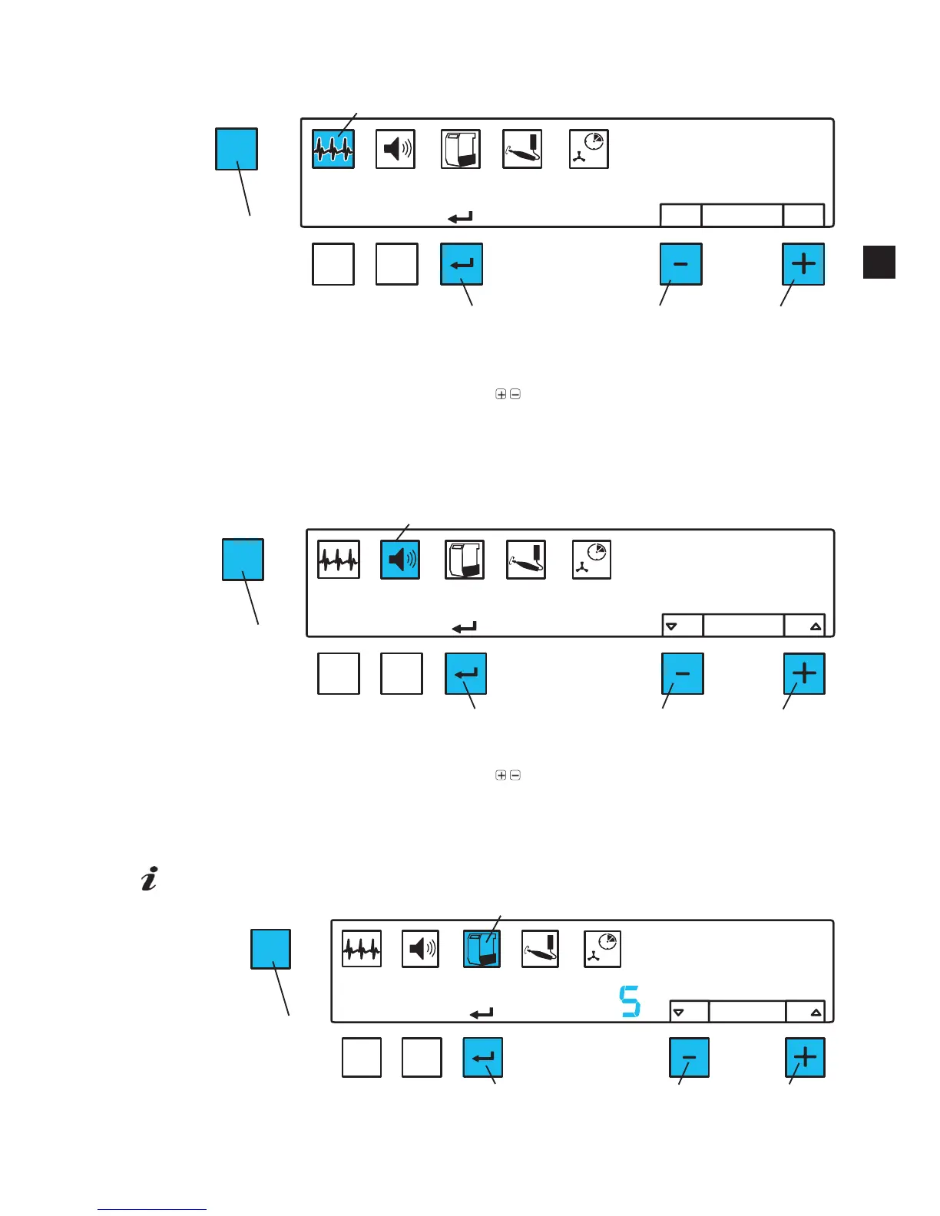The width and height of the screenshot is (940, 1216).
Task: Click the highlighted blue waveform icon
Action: click(x=333, y=149)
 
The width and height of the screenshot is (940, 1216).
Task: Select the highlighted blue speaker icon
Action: click(x=400, y=560)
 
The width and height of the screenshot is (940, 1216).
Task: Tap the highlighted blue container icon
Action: click(x=482, y=949)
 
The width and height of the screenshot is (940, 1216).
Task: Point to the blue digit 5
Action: click(x=630, y=1002)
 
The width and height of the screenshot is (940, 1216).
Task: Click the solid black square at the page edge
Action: click(x=879, y=262)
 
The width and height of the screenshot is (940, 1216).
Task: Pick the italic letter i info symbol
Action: click(x=150, y=879)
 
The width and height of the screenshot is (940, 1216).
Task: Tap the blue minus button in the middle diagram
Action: click(x=682, y=673)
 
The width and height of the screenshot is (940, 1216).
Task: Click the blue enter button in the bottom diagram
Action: click(x=482, y=1057)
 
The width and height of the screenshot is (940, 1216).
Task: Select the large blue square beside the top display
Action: click(x=236, y=149)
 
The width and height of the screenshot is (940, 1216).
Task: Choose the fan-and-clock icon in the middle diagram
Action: click(x=591, y=560)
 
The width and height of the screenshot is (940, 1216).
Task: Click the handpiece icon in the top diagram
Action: click(x=522, y=149)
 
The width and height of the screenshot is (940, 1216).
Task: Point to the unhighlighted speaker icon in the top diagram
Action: click(x=396, y=149)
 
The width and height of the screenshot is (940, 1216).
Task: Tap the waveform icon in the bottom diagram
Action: click(x=362, y=949)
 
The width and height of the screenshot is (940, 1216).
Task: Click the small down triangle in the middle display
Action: click(x=671, y=626)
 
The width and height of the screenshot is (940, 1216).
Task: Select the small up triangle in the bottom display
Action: click(x=816, y=1013)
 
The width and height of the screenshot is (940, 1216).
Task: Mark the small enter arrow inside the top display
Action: click(x=460, y=218)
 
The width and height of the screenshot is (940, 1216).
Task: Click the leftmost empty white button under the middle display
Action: click(x=339, y=673)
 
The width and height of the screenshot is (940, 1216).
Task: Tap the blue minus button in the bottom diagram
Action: click(x=689, y=1057)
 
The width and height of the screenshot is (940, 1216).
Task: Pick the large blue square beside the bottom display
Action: click(x=270, y=949)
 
